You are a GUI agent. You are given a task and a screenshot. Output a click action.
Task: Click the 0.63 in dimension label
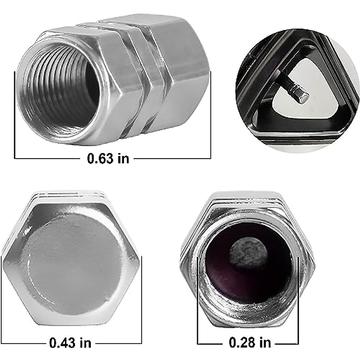click(x=108, y=158)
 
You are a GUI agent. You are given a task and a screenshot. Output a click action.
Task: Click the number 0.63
click(x=100, y=158)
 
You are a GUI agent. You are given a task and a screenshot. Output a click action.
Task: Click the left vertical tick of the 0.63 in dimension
click(x=15, y=114)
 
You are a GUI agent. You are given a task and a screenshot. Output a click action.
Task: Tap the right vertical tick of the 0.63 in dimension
click(x=211, y=114)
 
